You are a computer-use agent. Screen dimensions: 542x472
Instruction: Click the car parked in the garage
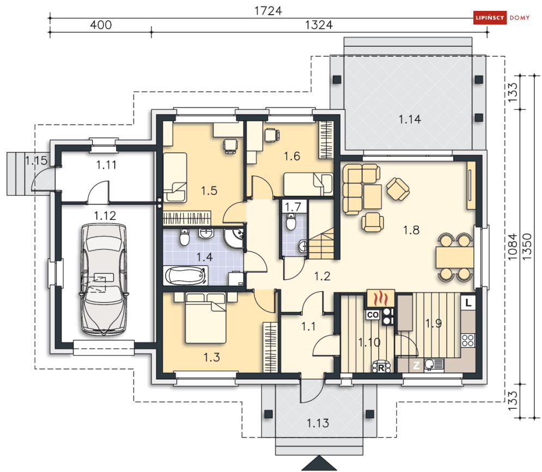(103, 279)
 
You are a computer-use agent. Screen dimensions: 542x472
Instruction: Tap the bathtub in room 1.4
(186, 276)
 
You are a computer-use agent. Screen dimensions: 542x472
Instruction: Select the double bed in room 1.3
(206, 318)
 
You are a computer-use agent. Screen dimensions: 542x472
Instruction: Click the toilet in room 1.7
(291, 222)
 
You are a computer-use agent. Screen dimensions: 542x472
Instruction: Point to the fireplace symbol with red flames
(380, 298)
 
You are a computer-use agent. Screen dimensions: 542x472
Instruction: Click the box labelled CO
(373, 315)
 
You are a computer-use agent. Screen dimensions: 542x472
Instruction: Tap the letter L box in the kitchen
(468, 303)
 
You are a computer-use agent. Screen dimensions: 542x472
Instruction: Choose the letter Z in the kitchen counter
(417, 365)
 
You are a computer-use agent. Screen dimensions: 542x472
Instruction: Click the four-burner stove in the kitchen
(468, 340)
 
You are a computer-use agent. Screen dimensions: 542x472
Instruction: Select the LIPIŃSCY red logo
(490, 17)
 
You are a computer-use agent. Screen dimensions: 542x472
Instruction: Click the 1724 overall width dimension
(268, 11)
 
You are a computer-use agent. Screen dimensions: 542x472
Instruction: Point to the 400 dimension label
(101, 25)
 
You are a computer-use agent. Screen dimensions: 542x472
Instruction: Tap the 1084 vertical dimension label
(512, 247)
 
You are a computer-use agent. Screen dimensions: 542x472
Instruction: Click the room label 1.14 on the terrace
(410, 120)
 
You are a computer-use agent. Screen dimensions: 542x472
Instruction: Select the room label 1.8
(411, 230)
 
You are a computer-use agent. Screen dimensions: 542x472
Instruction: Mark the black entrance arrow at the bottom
(319, 464)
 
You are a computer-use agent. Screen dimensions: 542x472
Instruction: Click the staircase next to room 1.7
(321, 243)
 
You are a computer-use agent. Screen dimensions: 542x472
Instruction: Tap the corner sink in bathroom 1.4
(234, 238)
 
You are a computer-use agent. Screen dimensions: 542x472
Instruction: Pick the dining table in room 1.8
(454, 257)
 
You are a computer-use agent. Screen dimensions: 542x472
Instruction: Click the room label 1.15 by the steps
(36, 161)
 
